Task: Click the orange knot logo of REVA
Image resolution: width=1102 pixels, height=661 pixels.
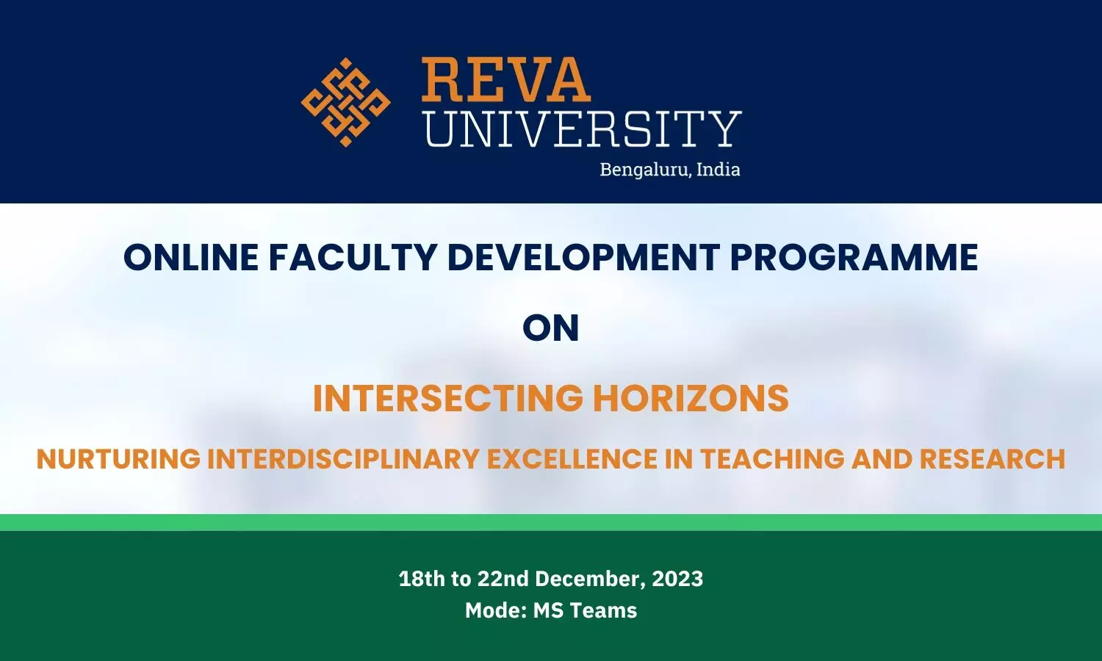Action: tap(345, 102)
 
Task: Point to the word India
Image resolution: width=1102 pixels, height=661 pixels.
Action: tap(718, 169)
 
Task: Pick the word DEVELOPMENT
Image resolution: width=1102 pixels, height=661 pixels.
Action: tap(583, 257)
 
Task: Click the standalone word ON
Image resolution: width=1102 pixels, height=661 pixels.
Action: tap(551, 328)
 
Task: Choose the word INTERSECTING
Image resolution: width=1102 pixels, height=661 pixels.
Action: tap(448, 398)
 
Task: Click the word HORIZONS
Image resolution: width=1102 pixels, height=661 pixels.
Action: tap(691, 398)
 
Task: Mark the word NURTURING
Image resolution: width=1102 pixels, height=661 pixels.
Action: tap(118, 459)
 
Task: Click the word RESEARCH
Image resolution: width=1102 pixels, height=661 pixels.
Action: tap(992, 459)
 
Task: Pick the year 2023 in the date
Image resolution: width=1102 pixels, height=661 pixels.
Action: tap(677, 579)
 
